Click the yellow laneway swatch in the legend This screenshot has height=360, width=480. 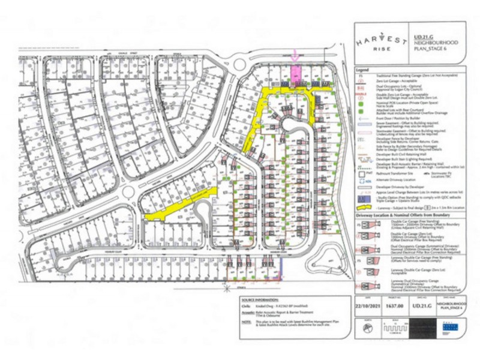[x=360, y=205]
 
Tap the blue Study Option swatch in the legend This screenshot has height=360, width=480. [x=361, y=196]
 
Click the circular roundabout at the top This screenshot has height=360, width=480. [x=240, y=62]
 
